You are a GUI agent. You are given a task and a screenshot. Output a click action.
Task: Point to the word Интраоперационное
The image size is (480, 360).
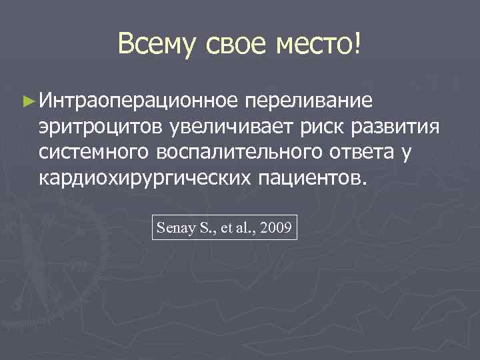tap(138, 101)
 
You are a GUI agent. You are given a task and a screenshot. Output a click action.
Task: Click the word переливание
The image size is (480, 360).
tap(311, 101)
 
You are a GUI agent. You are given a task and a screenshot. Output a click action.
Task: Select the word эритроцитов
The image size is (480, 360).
tap(100, 126)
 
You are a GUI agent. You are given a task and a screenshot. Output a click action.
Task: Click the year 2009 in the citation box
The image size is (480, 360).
tap(275, 228)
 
